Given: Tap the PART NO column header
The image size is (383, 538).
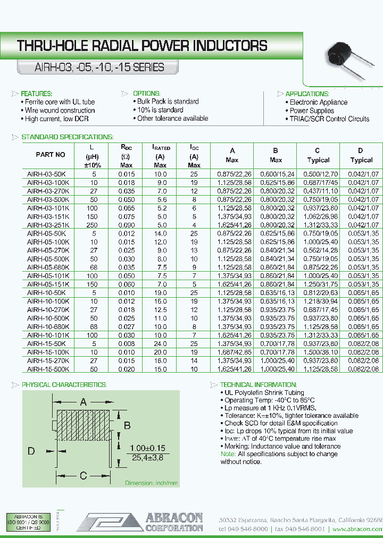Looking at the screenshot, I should (x=51, y=155).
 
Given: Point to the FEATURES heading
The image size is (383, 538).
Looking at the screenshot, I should (x=37, y=94).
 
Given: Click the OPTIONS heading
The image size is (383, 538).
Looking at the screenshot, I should (x=146, y=94).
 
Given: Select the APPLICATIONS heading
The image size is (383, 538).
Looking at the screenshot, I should (x=307, y=94).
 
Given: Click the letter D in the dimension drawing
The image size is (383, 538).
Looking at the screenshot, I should (x=31, y=451).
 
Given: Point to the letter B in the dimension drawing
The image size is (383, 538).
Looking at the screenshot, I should (x=127, y=425).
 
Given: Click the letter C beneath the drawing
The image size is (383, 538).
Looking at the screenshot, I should (x=83, y=475).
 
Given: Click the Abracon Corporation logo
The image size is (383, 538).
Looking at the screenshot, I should (x=140, y=522).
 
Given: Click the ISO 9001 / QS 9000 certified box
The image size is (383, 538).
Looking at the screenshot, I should (x=29, y=523).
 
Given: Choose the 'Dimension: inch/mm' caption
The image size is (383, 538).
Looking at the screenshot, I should (x=152, y=483).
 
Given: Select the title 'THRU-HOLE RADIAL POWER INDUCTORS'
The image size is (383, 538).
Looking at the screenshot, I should (x=143, y=46).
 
